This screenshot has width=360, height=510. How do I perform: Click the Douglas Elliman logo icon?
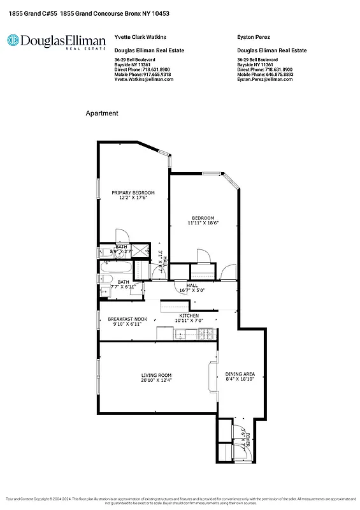(13, 40)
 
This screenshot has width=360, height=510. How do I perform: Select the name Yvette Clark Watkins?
(136, 38)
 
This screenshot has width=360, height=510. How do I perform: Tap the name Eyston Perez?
(253, 38)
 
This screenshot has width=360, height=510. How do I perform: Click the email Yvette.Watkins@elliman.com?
(143, 79)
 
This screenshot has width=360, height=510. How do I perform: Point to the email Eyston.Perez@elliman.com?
(264, 79)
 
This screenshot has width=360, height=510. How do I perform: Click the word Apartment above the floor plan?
(102, 113)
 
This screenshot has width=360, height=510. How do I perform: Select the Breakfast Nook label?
(127, 318)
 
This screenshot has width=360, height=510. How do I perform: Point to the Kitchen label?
(189, 316)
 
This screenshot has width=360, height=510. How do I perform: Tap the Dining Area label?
(240, 374)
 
